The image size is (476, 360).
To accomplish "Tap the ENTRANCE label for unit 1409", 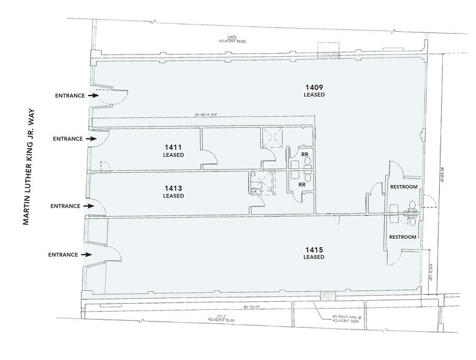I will (x=69, y=96).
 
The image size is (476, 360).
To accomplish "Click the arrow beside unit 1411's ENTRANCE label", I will (x=92, y=139).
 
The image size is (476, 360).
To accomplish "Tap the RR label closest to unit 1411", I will (x=304, y=155).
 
